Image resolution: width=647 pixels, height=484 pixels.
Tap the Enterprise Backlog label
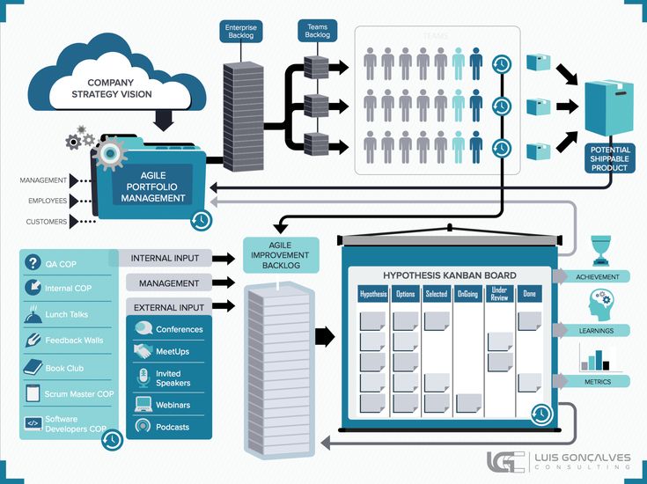[240, 33]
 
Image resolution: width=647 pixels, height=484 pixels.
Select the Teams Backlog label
[316, 31]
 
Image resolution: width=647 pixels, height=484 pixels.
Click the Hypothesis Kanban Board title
[450, 275]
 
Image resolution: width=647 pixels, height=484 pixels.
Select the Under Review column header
[500, 294]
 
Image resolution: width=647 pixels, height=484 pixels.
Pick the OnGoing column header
[468, 294]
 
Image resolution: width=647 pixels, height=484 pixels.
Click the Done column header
[528, 294]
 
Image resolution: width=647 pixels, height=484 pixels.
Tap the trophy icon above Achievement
[600, 250]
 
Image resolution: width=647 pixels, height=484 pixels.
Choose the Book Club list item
[63, 368]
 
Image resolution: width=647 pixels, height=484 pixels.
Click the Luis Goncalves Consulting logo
[560, 462]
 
